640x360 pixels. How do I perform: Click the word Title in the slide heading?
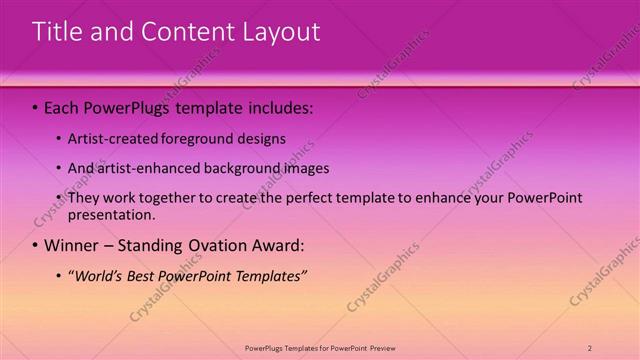click(56, 32)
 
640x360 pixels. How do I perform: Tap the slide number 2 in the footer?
click(590, 347)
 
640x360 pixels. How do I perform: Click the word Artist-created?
click(111, 139)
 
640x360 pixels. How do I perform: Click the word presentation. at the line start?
click(112, 214)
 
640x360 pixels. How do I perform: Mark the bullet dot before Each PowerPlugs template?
click(36, 106)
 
